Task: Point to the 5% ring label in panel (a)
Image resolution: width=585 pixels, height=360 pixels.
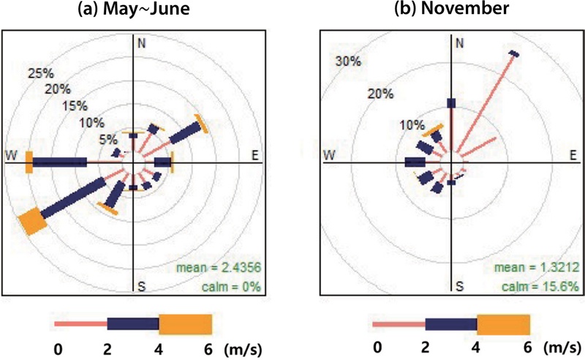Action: pyautogui.click(x=109, y=138)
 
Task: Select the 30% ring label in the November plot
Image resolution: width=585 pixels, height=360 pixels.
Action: pyautogui.click(x=347, y=61)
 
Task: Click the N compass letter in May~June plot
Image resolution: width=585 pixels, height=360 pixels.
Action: pyautogui.click(x=141, y=42)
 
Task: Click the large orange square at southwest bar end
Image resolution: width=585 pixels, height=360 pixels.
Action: pyautogui.click(x=32, y=221)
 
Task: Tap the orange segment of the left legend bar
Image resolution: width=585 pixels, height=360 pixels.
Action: pyautogui.click(x=185, y=324)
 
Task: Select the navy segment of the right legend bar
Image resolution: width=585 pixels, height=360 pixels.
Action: pyautogui.click(x=451, y=324)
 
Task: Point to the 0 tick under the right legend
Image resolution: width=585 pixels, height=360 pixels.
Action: pyautogui.click(x=377, y=349)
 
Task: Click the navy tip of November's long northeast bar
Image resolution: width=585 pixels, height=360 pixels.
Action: pyautogui.click(x=514, y=53)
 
